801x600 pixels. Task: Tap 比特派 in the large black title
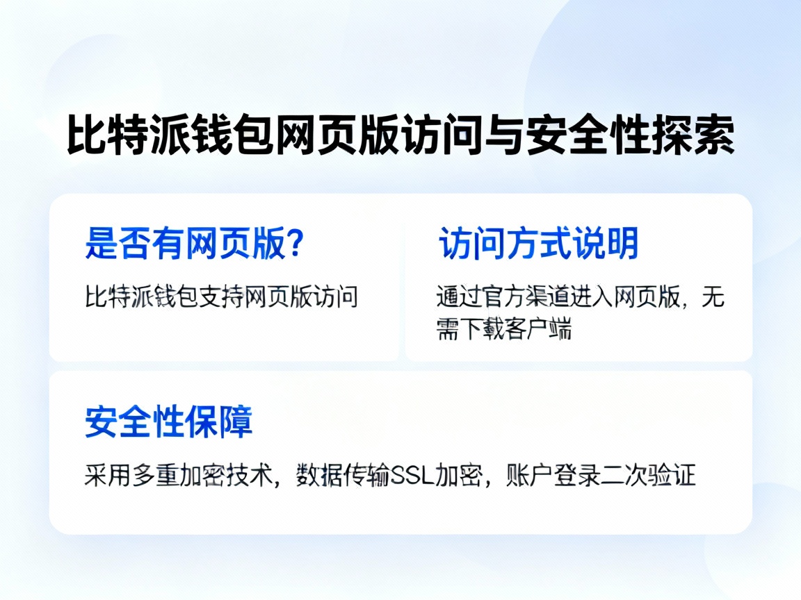point(128,136)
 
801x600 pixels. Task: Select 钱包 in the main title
point(232,136)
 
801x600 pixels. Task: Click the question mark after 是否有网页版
point(295,244)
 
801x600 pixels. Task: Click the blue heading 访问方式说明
point(538,244)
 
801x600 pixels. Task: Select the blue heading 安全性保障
point(168,422)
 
